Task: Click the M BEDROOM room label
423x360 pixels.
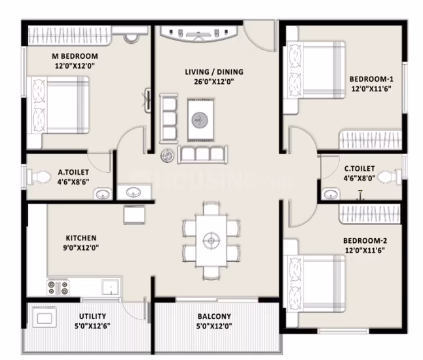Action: [75, 56]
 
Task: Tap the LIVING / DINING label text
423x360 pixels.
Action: [214, 72]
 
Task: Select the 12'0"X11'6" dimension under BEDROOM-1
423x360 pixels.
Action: [371, 89]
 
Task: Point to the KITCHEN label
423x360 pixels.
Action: [81, 238]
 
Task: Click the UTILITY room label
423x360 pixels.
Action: [92, 316]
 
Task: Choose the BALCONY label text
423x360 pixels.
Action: [214, 316]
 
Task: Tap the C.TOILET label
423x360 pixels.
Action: [359, 168]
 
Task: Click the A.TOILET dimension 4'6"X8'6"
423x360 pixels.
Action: [73, 182]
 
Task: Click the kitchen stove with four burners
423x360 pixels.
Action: [58, 287]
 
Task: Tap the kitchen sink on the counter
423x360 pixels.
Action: [110, 287]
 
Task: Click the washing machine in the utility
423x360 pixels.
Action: [45, 318]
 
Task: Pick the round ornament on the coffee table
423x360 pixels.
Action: [200, 120]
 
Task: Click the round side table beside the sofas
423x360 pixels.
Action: [167, 156]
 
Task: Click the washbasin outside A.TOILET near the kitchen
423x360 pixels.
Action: [134, 192]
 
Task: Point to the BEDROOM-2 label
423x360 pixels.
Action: [365, 240]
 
